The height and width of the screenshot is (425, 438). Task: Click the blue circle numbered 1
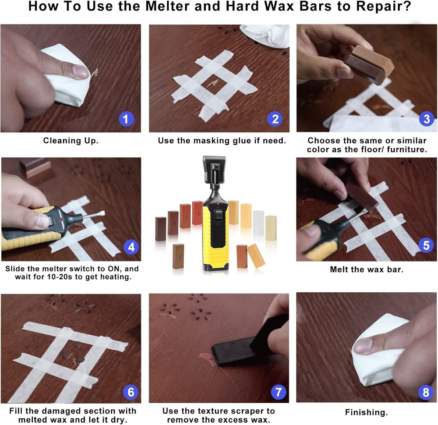pyautogui.click(x=126, y=119)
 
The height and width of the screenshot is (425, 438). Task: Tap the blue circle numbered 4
pyautogui.click(x=131, y=247)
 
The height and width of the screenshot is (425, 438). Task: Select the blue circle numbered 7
pyautogui.click(x=279, y=392)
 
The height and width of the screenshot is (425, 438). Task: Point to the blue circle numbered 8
pyautogui.click(x=426, y=392)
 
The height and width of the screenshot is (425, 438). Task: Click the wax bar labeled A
pyautogui.click(x=161, y=229)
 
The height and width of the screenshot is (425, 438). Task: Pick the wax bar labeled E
pyautogui.click(x=178, y=256)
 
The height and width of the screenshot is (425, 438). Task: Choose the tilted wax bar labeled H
pyautogui.click(x=256, y=256)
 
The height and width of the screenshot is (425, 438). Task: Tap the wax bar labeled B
pyautogui.click(x=173, y=223)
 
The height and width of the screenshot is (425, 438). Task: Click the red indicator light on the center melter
pyautogui.click(x=218, y=204)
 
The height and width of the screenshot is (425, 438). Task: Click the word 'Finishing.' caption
pyautogui.click(x=366, y=412)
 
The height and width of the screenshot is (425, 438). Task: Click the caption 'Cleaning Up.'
pyautogui.click(x=71, y=140)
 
